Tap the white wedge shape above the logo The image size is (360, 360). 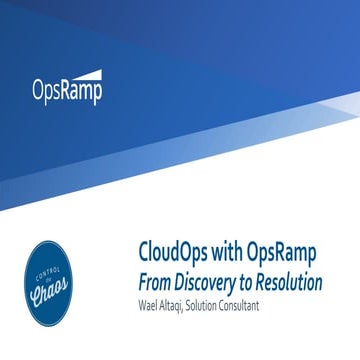coord(86,73)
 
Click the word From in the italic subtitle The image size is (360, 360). coord(155,283)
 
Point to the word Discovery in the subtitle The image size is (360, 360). coord(211,283)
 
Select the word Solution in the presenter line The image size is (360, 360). coord(220,306)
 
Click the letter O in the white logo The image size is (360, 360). coord(40,90)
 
